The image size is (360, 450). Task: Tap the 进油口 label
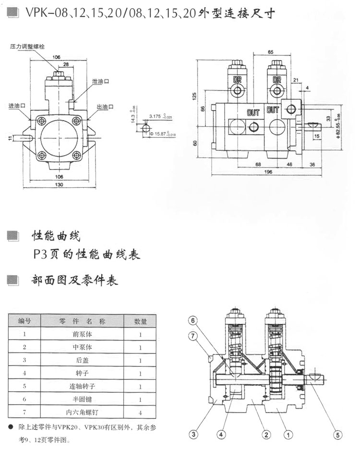point(16,106)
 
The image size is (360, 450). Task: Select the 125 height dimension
point(194,96)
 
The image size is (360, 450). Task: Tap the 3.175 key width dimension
point(158,116)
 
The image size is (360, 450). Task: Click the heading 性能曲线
point(56,236)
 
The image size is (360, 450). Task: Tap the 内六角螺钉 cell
point(82,412)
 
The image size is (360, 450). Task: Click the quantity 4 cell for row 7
point(140,412)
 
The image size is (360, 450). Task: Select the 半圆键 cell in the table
point(82,399)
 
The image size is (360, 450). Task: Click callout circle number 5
point(337,436)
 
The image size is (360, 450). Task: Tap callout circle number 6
point(192,321)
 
